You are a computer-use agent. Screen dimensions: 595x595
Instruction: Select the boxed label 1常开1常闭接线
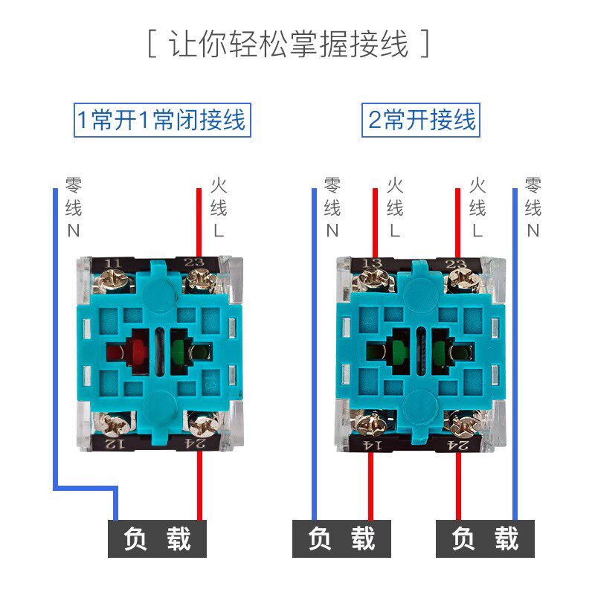(161, 119)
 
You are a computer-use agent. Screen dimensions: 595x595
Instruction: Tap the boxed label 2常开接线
(422, 119)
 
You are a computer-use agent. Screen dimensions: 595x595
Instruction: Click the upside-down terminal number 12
(112, 444)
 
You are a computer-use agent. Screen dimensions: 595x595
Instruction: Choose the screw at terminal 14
(369, 426)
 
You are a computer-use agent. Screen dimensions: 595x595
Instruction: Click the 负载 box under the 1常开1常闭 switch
(158, 538)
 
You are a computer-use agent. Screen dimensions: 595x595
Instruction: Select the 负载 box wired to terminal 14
(341, 538)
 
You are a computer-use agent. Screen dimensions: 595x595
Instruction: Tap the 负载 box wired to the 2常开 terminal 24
(485, 538)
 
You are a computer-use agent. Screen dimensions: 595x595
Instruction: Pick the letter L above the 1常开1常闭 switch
(218, 231)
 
